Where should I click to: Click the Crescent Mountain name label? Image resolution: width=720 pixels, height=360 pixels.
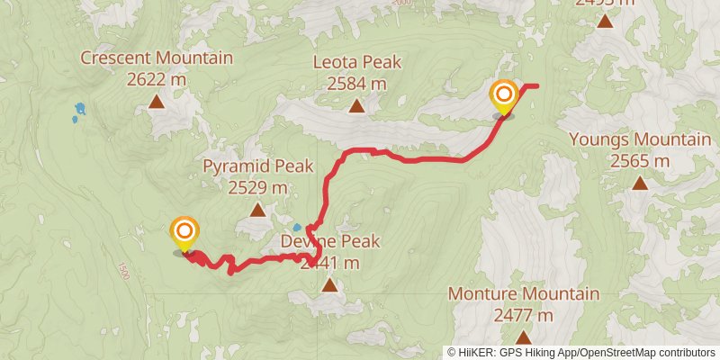click(157, 58)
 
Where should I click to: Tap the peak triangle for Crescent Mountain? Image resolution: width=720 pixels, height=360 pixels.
click(157, 103)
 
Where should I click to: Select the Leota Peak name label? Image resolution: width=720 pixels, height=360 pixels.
click(356, 63)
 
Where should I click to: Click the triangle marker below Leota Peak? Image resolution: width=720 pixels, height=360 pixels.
click(356, 107)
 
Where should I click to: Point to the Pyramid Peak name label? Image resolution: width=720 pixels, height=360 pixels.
click(257, 166)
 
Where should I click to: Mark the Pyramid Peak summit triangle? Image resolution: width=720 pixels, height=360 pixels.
click(257, 211)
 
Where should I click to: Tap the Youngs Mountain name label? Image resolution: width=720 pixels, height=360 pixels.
click(640, 139)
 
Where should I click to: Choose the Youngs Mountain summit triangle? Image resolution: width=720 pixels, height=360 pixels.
click(640, 184)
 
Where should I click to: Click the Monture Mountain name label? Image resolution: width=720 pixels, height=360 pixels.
click(523, 294)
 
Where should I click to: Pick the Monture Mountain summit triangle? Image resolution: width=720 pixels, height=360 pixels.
click(523, 338)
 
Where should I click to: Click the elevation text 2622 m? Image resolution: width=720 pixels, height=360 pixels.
click(157, 79)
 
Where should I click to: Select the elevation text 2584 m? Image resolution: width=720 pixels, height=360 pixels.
click(356, 84)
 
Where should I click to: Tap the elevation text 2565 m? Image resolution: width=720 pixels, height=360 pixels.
click(640, 161)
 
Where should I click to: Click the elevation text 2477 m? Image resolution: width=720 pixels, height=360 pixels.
click(523, 315)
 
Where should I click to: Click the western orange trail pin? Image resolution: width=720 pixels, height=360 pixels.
click(184, 232)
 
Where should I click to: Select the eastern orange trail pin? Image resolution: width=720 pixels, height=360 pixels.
click(503, 95)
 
